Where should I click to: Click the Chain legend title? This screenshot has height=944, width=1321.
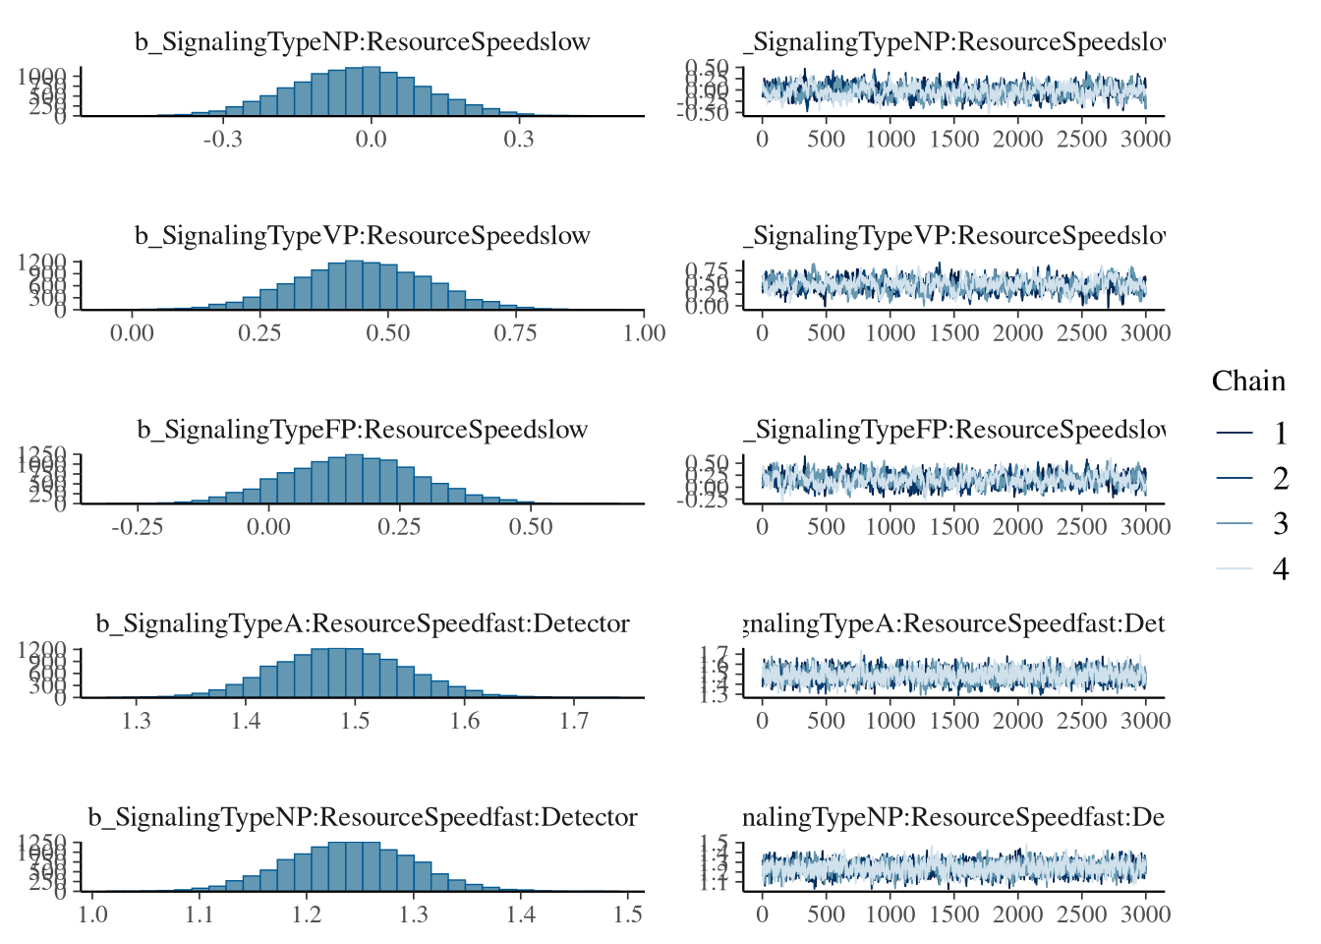(1248, 382)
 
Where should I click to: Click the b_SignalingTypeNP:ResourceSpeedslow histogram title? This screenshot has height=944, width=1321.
(363, 42)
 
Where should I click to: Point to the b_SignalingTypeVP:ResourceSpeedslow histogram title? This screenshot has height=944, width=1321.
(363, 236)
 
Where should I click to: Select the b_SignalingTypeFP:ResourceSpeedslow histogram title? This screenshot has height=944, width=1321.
(363, 430)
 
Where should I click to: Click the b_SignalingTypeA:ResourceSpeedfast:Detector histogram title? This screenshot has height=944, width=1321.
(363, 623)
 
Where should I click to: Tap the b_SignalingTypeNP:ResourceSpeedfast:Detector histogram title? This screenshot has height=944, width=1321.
(363, 817)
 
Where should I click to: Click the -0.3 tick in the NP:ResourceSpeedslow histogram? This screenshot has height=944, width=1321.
(223, 139)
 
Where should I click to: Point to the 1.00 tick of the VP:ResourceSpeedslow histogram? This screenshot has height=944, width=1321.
(645, 332)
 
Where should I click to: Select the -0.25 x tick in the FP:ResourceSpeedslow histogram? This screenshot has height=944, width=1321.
(137, 526)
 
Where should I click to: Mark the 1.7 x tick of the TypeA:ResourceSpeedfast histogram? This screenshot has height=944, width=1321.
(575, 720)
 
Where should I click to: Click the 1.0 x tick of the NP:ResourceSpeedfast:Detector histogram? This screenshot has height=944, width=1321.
(93, 914)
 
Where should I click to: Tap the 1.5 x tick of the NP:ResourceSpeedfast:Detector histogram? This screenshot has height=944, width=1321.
(628, 914)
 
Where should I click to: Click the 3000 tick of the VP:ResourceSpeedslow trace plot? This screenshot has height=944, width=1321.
(1145, 332)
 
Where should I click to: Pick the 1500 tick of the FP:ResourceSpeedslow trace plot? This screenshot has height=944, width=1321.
(953, 526)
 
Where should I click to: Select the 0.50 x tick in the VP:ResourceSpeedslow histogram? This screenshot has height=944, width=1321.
(388, 332)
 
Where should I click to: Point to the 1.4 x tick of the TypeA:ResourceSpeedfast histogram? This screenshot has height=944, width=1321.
(246, 720)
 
